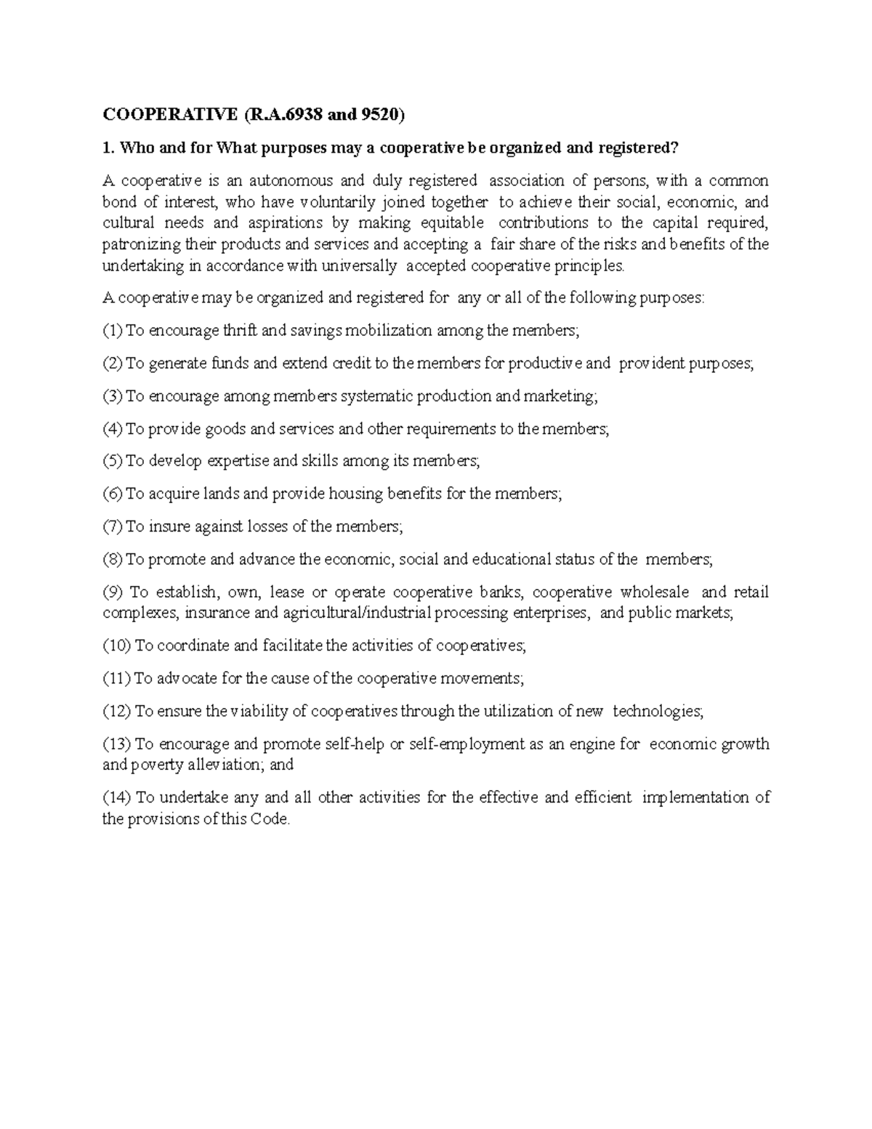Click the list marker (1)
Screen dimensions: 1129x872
[x=113, y=331]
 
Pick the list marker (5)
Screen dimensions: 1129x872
[x=113, y=461]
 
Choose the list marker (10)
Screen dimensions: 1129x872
[x=116, y=646]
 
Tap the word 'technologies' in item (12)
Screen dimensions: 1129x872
[x=657, y=711]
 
